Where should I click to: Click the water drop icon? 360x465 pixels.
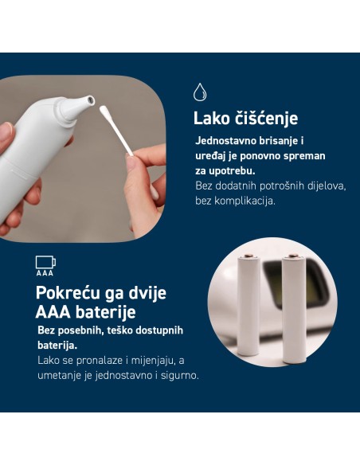coord(200,91)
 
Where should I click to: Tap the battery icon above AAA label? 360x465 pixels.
coord(45,262)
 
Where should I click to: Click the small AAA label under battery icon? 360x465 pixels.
coord(45,272)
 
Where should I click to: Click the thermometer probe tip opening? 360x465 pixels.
coord(91,101)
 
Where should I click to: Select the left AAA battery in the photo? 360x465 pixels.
coord(248,307)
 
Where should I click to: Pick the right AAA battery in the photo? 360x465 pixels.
coord(292,307)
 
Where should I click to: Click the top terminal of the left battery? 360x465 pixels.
coord(248,257)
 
